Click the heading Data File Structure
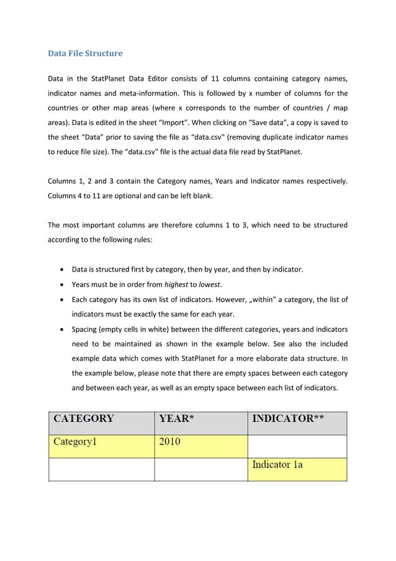[85, 53]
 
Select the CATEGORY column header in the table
[84, 418]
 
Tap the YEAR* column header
[177, 418]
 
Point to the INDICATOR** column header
[287, 418]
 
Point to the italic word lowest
[210, 285]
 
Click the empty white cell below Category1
[101, 469]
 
